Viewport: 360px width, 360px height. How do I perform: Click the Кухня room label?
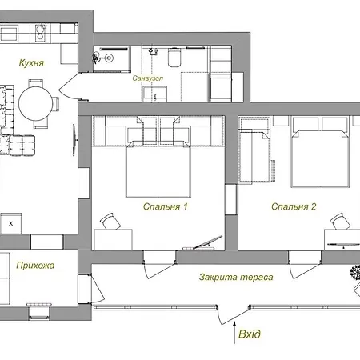(x=31, y=63)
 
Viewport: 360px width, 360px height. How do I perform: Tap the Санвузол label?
(x=148, y=78)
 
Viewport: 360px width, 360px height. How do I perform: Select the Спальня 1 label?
(x=166, y=206)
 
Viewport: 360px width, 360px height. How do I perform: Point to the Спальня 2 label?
(x=294, y=206)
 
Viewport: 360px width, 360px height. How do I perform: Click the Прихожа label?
(x=35, y=266)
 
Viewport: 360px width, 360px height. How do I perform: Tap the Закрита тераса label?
(x=236, y=277)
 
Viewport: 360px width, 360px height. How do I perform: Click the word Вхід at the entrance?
(x=250, y=334)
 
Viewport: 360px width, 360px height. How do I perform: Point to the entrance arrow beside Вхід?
(x=234, y=333)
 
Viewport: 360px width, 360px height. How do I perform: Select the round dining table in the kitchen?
(x=36, y=103)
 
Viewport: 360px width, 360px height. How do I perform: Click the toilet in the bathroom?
(x=174, y=58)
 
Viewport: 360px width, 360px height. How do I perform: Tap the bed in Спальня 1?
(x=158, y=170)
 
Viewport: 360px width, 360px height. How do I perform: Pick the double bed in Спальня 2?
(x=320, y=158)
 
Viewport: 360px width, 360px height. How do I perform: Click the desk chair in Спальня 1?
(x=110, y=222)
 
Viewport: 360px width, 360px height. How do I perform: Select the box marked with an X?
(x=11, y=223)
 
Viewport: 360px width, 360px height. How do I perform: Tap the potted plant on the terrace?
(x=355, y=273)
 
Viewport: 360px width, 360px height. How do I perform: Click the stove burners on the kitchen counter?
(x=40, y=33)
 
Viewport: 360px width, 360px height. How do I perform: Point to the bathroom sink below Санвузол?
(x=154, y=94)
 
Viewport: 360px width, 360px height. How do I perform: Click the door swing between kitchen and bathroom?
(x=70, y=86)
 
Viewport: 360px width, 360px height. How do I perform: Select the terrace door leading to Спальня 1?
(x=159, y=265)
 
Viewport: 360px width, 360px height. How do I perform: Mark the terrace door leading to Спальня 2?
(x=305, y=265)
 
